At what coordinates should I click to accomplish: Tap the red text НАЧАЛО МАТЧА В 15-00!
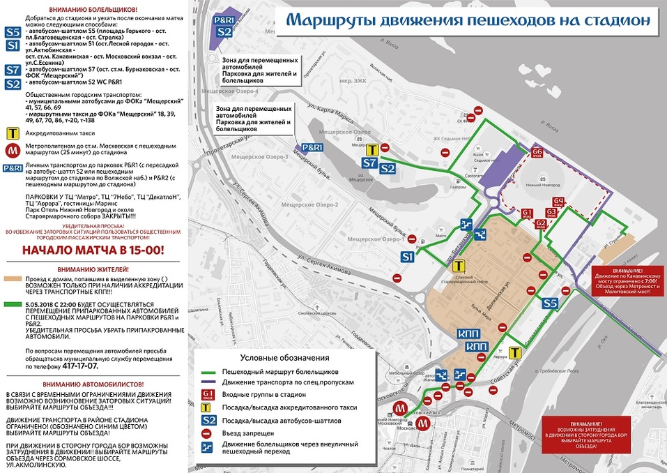(94, 250)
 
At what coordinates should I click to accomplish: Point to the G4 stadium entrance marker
(559, 204)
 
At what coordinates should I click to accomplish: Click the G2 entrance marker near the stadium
(541, 224)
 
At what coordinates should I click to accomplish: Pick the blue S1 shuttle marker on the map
(409, 257)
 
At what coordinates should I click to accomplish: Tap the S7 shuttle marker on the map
(371, 164)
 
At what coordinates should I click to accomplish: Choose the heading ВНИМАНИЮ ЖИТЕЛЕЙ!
(93, 269)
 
